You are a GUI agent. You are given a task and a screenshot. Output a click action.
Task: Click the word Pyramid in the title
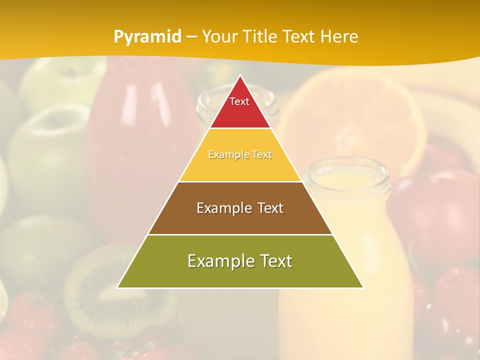pos(147,37)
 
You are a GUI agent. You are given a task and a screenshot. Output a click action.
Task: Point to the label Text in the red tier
pos(239,101)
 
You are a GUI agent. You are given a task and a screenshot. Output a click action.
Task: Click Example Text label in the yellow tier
pos(240,154)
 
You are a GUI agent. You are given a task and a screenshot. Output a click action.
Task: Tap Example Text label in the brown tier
pos(240,208)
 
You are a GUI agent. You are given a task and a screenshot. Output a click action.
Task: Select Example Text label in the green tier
pos(240,261)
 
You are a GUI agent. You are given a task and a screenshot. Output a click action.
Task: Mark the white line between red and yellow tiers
pos(240,128)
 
